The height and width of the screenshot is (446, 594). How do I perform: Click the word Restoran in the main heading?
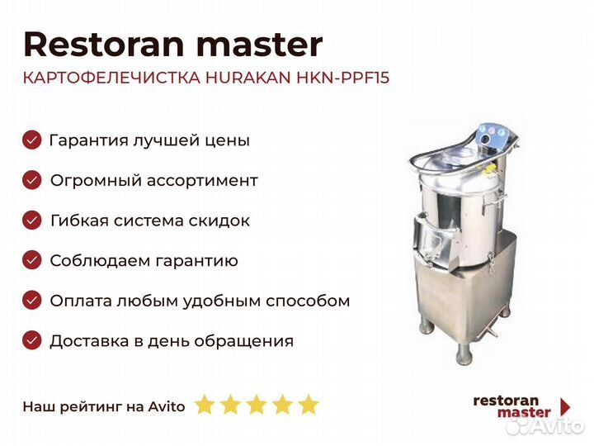104,45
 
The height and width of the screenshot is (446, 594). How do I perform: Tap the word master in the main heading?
260,45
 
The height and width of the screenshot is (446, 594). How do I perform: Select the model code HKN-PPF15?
343,78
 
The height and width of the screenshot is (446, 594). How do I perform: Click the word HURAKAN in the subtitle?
248,78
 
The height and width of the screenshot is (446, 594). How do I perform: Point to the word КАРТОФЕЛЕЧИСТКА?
111,78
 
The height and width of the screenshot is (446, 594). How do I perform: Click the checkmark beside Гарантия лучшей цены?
32,140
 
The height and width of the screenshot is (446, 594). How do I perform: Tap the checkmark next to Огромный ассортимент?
32,180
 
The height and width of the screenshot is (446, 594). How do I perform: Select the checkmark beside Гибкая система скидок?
32,221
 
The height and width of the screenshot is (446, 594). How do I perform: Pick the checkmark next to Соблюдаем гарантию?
32,260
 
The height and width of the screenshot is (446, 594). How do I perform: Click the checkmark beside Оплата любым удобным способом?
32,301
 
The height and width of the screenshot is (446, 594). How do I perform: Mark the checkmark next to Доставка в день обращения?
32,341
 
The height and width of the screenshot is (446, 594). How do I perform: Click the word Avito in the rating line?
167,406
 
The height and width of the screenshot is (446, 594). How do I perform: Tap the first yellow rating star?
205,404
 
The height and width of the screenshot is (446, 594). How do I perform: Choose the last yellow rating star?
309,404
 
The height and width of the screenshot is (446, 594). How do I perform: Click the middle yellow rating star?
257,404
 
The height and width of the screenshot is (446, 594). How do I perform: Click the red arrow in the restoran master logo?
565,406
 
